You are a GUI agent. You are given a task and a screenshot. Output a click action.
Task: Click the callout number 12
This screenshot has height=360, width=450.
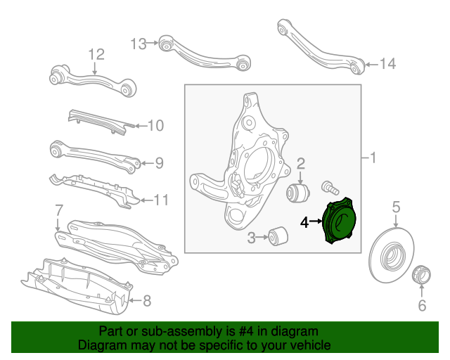pos(96,54)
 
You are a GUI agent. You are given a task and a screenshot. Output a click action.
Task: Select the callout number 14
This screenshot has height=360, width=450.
pos(388,64)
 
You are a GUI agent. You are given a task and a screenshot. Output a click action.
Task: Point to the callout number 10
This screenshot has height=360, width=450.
pos(155,126)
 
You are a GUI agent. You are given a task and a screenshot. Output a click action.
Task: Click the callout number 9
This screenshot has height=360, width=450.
pos(159,163)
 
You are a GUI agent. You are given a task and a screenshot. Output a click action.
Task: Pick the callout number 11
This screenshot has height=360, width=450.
pos(161,200)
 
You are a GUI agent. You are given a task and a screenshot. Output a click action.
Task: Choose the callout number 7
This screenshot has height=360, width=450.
pos(59,210)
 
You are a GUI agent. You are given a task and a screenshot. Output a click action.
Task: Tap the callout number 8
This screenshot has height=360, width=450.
pos(147,302)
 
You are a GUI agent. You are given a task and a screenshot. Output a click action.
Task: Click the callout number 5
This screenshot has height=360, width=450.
pos(396,207)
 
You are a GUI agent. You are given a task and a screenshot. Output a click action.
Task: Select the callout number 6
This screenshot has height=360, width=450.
pos(422,305)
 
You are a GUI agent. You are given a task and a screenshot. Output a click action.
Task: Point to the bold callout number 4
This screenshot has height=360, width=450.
pos(304,223)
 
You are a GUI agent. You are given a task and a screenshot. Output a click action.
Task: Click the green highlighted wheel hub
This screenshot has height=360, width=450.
pos(339,223)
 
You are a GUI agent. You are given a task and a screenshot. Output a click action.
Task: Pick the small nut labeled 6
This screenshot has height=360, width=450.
pos(421,274)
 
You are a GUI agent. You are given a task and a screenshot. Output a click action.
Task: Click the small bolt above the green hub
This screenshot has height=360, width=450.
pos(329,186)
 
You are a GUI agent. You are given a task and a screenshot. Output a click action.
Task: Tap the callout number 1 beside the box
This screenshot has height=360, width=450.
pos(373,158)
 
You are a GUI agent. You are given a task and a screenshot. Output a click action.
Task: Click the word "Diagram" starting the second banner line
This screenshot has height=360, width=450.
pos(100,346)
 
